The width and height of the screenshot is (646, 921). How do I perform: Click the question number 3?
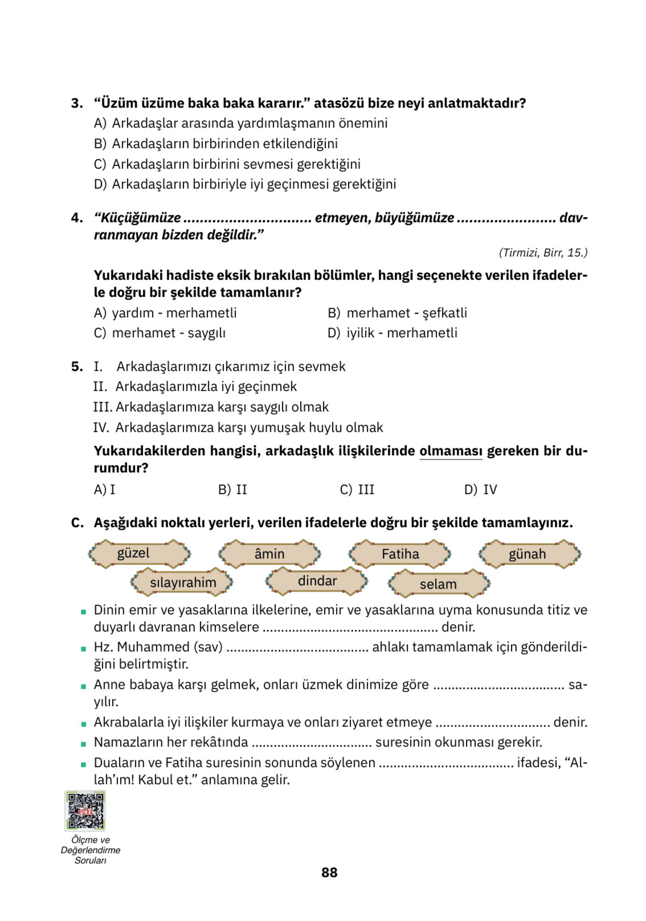[x=77, y=103]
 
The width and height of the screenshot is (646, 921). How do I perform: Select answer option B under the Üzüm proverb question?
[x=216, y=144]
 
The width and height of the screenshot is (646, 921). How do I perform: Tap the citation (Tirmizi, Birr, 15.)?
[x=543, y=253]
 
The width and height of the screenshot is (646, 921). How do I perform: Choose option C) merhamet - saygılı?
[x=160, y=333]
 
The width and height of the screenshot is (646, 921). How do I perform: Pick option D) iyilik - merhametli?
[x=392, y=333]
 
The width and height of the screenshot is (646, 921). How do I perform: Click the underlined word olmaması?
[x=451, y=451]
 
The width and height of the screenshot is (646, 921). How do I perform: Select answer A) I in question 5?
[x=104, y=490]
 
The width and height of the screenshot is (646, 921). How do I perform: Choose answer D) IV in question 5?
[x=480, y=490]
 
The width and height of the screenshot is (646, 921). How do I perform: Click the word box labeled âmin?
[x=270, y=554]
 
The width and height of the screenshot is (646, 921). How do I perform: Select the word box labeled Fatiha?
[x=400, y=554]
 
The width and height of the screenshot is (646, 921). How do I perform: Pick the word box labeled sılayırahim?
[x=182, y=582]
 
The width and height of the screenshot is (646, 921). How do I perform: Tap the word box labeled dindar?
[x=317, y=581]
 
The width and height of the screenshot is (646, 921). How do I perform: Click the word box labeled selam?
[x=438, y=584]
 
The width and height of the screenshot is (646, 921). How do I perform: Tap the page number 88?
[x=329, y=872]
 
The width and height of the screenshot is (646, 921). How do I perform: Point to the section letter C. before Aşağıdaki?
[x=77, y=523]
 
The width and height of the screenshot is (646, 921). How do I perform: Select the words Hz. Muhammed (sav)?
[x=158, y=647]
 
